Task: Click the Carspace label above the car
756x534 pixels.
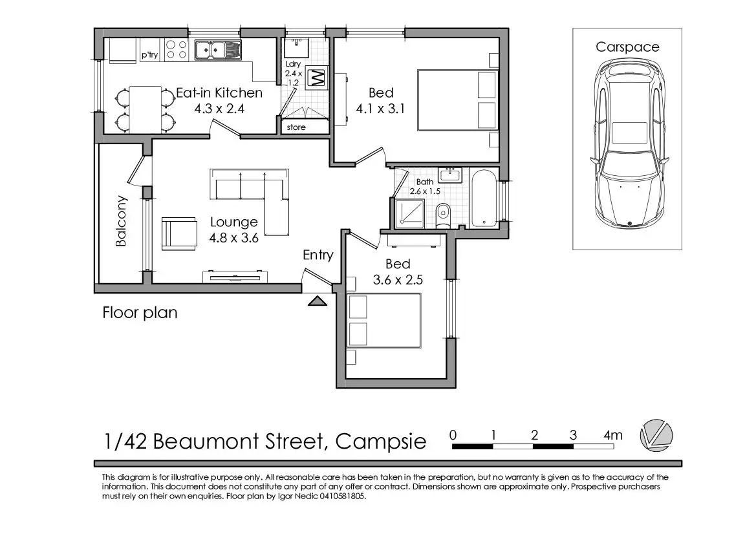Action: tap(627, 47)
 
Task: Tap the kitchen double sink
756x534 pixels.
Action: tap(217, 50)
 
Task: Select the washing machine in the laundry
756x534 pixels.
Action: tap(317, 77)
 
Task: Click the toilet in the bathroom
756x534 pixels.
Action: tap(442, 215)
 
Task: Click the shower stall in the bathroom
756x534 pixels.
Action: tap(410, 214)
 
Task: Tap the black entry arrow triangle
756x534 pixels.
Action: tap(318, 301)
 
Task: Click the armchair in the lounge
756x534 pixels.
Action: tap(179, 234)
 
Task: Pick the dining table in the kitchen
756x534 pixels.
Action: tap(145, 110)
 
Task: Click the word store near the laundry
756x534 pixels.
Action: tap(296, 127)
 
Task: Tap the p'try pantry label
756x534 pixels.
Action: tap(149, 55)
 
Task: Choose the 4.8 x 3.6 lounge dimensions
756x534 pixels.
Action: tap(234, 238)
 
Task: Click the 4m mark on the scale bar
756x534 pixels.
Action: tap(613, 435)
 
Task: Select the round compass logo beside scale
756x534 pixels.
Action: tap(656, 436)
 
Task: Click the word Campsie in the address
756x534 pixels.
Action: tap(381, 442)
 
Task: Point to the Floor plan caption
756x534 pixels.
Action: tap(140, 313)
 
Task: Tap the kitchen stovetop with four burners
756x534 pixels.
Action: tap(176, 50)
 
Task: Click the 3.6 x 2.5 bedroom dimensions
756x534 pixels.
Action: tap(398, 280)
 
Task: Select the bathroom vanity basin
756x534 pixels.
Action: tap(450, 175)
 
